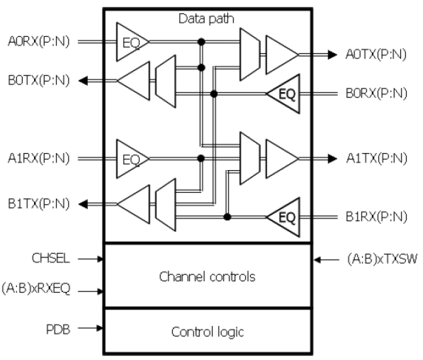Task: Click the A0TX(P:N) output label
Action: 375,54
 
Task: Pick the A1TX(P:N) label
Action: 375,157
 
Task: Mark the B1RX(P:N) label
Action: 375,216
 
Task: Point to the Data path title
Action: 206,19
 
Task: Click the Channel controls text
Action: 206,278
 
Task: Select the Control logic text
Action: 206,331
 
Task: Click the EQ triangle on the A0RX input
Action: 130,41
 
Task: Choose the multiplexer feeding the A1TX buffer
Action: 248,157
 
